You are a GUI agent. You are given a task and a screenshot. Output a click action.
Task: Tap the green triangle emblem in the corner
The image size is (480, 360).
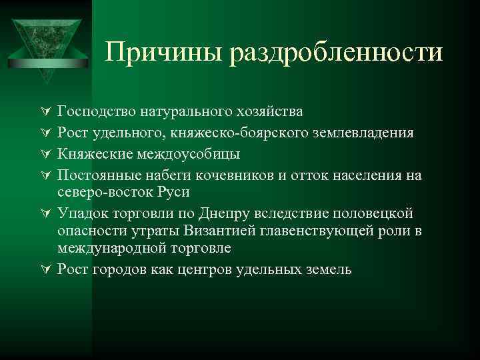click(x=46, y=40)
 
